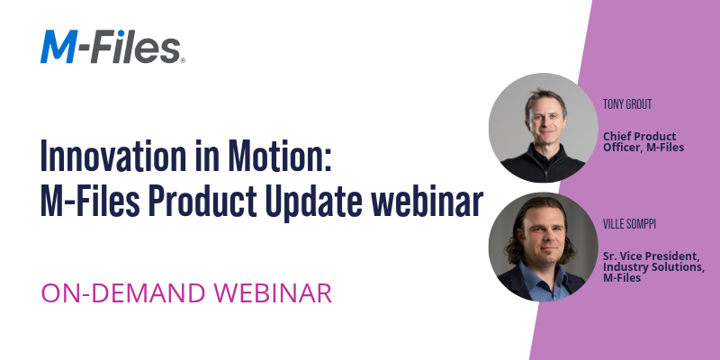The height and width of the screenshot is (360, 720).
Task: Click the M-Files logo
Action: pyautogui.click(x=112, y=46)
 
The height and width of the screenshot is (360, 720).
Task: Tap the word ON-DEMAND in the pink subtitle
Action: pyautogui.click(x=117, y=292)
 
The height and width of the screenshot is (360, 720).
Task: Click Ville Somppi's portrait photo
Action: pyautogui.click(x=543, y=245)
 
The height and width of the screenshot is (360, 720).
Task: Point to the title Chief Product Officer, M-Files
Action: pyautogui.click(x=644, y=141)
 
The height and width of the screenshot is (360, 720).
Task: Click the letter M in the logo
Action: pyautogui.click(x=59, y=46)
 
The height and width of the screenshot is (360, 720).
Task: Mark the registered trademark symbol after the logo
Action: pyautogui.click(x=183, y=60)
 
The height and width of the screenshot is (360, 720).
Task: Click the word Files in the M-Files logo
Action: pyautogui.click(x=143, y=46)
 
